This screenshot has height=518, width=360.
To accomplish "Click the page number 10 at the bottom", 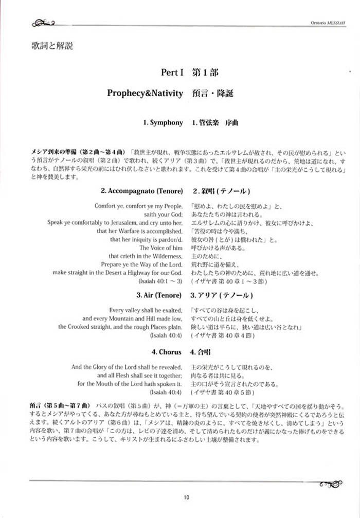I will point(186,497).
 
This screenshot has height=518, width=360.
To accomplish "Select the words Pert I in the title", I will point(172,73).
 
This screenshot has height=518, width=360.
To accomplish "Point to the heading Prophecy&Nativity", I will point(145,93).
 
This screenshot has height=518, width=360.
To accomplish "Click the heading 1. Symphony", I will point(163,123).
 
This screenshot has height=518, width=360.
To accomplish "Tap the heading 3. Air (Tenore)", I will point(159,295).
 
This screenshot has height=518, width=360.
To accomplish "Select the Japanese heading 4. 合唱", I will point(202,352).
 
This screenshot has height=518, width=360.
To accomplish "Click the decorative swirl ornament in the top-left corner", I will point(43,22).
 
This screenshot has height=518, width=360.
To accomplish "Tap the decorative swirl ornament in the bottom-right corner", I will point(329,483).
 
